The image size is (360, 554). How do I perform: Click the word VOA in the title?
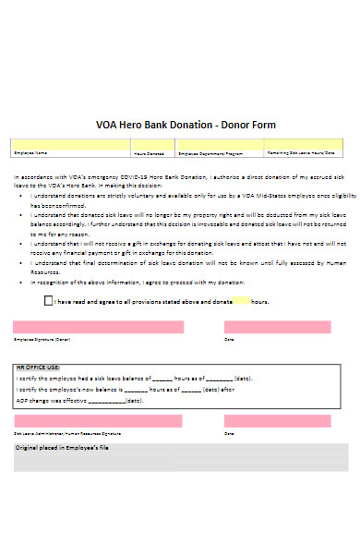(x=107, y=126)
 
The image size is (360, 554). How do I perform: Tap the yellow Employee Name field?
(x=70, y=143)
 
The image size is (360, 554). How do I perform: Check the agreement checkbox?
(x=49, y=301)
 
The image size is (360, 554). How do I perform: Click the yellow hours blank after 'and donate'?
(x=241, y=301)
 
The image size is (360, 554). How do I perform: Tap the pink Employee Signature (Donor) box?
(x=98, y=327)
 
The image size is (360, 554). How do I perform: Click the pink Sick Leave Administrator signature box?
(x=98, y=421)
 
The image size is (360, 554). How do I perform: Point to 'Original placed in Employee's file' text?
(x=63, y=447)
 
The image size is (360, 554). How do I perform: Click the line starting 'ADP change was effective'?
(x=79, y=401)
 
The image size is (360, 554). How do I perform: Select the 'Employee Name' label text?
(x=30, y=152)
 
